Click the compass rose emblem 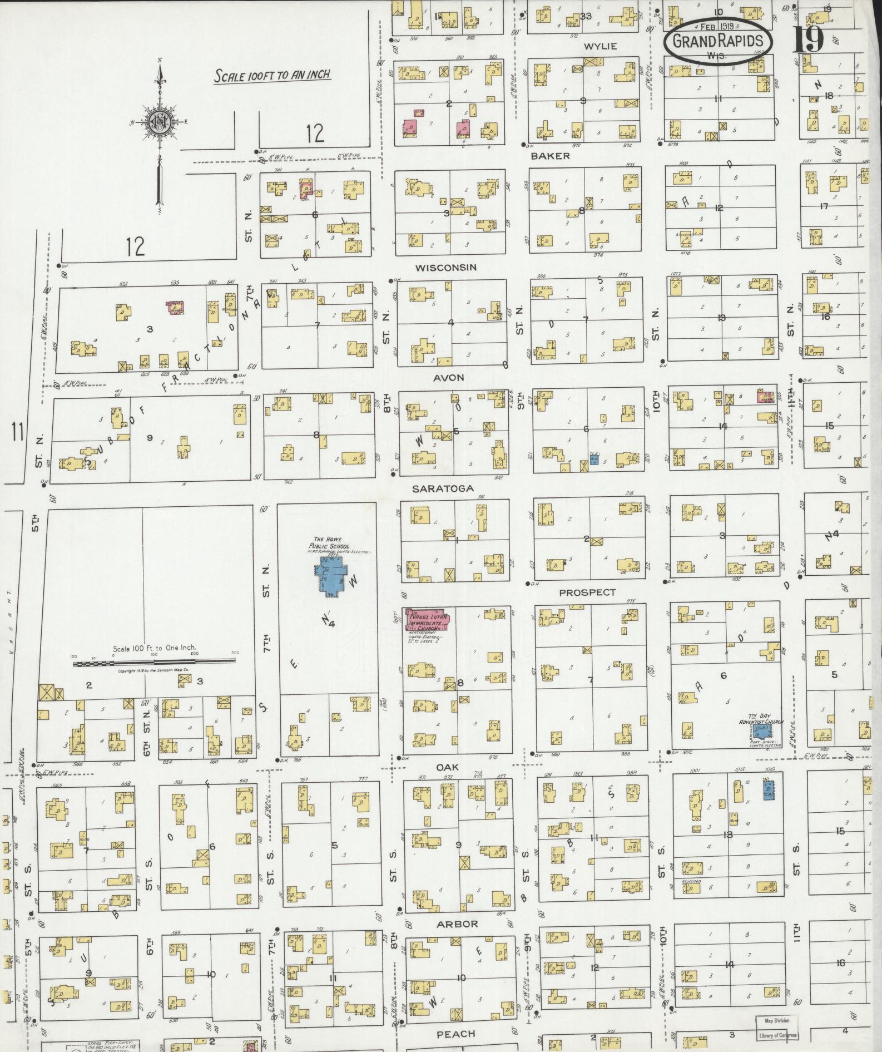(x=160, y=124)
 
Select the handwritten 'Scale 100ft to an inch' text (x=272, y=75)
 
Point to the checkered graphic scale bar (x=153, y=662)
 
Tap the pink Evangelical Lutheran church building (x=429, y=619)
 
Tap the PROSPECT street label (x=587, y=593)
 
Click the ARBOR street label (x=457, y=924)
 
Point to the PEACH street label (x=455, y=1034)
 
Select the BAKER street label (x=550, y=156)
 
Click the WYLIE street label (x=601, y=46)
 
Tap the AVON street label (x=448, y=378)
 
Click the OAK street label (x=447, y=767)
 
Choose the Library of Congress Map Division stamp (x=776, y=1029)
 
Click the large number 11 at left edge (x=18, y=432)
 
